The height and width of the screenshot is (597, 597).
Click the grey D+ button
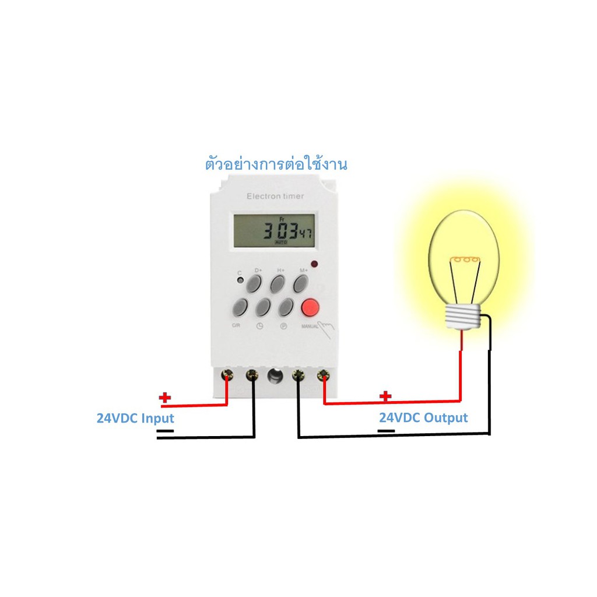point(254,284)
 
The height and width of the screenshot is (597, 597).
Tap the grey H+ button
point(278,284)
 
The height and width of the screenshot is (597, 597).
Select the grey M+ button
point(301,284)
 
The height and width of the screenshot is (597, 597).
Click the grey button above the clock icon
point(264,307)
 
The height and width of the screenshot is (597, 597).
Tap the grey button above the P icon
point(286,307)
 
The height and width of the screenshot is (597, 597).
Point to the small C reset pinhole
point(240,281)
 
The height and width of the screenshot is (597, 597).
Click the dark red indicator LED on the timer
point(314,264)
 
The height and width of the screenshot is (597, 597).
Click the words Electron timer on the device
point(275,196)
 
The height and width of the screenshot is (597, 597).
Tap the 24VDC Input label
point(135,418)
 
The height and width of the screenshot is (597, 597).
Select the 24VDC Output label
point(423,418)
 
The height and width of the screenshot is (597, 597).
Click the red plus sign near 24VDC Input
point(165,398)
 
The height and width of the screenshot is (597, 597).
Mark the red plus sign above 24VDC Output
point(385,397)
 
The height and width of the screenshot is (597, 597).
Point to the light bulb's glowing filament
point(464,259)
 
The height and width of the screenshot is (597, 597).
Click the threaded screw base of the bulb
point(464,317)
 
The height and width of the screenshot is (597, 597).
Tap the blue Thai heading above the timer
point(276,165)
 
